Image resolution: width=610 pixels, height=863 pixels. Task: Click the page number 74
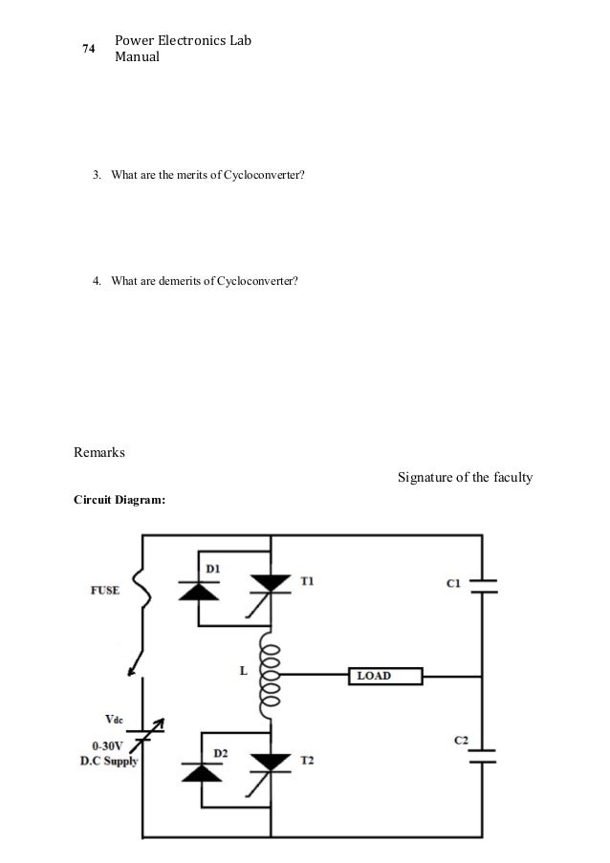tap(88, 50)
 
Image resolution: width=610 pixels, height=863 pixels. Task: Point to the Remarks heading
tap(99, 452)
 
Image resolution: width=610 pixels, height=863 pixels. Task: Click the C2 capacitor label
tap(461, 741)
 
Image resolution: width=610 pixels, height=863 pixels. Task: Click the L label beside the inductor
tap(243, 671)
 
